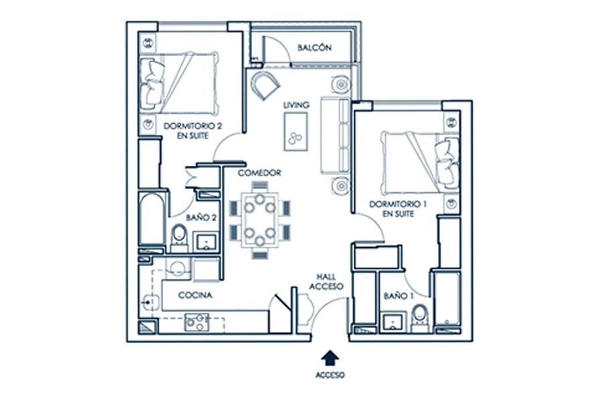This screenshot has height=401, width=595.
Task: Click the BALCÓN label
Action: click(314, 47)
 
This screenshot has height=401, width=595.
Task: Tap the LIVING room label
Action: click(296, 105)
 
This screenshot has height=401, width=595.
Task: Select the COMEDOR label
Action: click(259, 173)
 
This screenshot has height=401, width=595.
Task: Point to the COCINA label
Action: click(195, 295)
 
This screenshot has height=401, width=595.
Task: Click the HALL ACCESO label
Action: click(326, 282)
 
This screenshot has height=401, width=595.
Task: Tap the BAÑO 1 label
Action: click(398, 296)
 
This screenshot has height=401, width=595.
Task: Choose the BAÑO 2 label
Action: click(201, 218)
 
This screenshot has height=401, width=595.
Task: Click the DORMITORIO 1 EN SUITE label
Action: click(398, 209)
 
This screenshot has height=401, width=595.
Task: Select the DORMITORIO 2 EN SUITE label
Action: click(193, 130)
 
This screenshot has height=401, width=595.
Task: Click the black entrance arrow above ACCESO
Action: click(330, 358)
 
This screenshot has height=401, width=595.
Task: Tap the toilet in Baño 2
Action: click(179, 238)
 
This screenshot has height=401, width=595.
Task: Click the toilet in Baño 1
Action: click(420, 319)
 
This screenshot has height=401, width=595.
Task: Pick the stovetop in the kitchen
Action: click(197, 322)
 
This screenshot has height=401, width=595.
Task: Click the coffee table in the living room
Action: click(295, 132)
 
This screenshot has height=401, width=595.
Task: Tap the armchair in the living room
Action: click(265, 85)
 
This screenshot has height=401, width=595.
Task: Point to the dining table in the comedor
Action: click(260, 220)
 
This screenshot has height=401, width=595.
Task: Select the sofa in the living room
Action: click(336, 136)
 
